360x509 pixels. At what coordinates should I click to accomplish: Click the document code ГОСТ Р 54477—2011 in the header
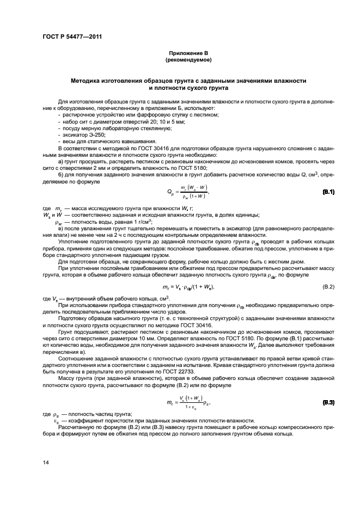[71, 38]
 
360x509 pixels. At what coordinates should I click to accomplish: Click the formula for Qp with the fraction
[188, 192]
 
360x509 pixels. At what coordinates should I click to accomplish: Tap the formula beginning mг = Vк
[188, 286]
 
